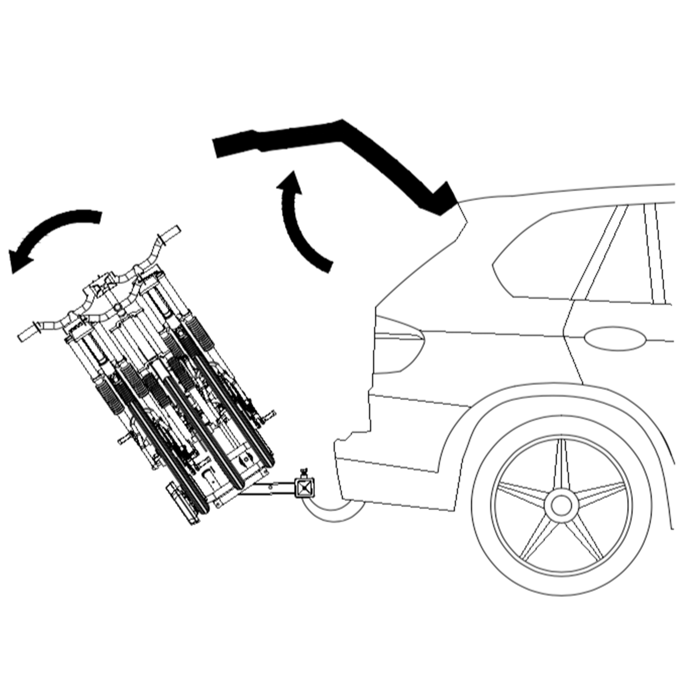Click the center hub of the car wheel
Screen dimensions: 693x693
[x=561, y=506]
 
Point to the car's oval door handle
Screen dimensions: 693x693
[x=614, y=338]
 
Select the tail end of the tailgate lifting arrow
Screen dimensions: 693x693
[x=323, y=265]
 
